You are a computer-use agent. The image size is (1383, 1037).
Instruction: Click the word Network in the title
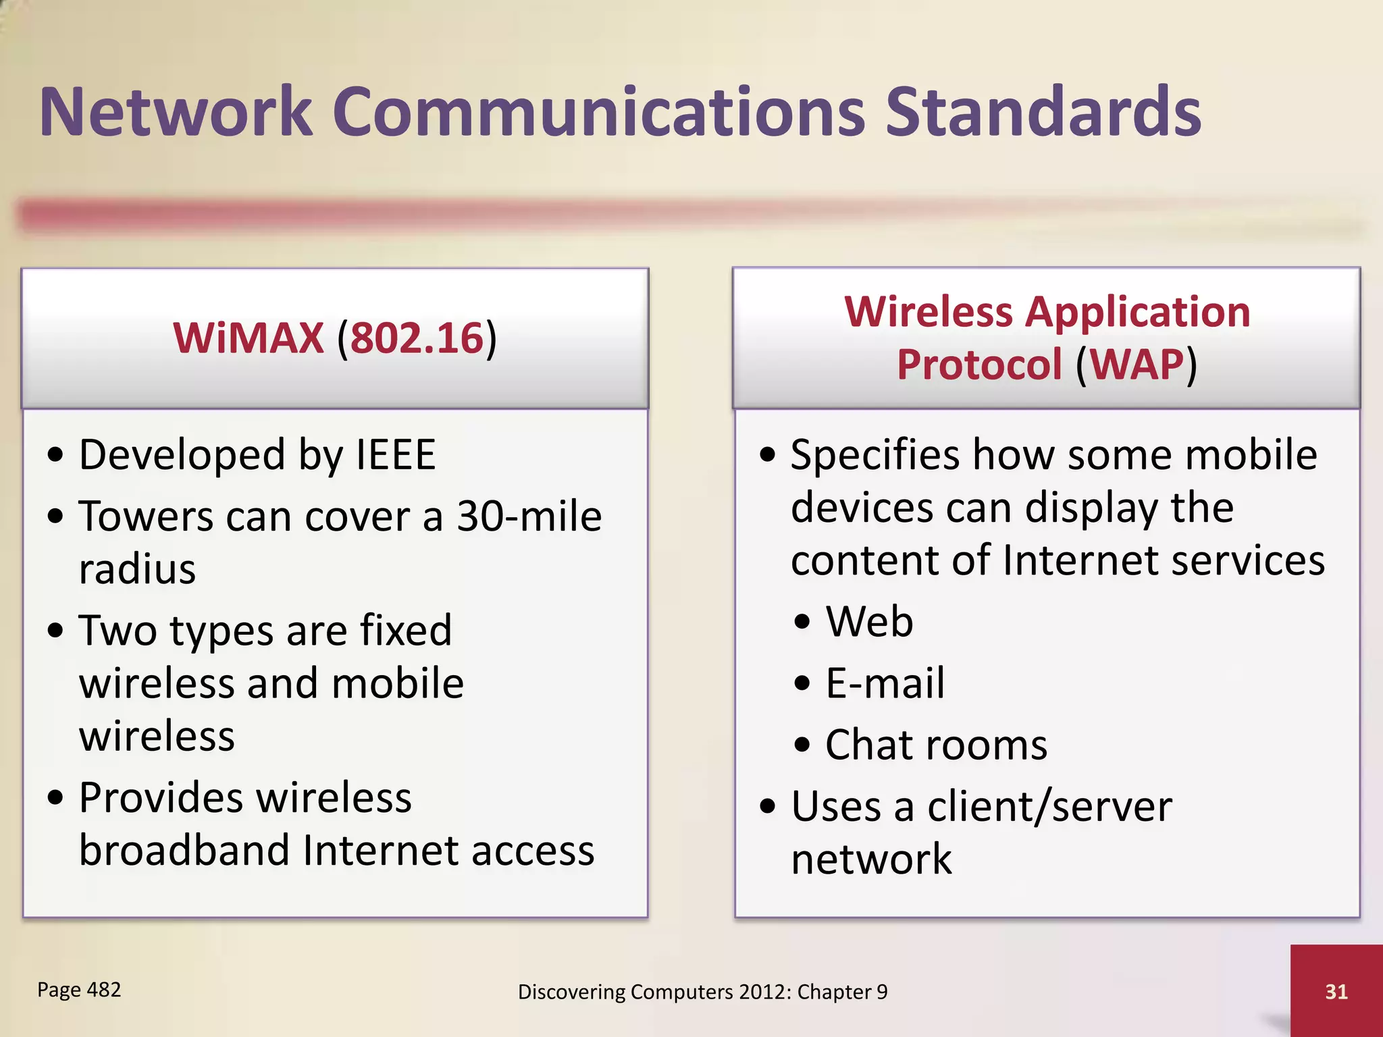[x=176, y=112]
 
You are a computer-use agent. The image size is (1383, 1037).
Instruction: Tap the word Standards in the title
[x=1043, y=112]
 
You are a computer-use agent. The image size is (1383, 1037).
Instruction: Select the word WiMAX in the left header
[x=248, y=338]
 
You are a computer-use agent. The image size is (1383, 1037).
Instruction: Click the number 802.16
[x=417, y=338]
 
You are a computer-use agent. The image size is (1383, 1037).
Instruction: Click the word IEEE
[x=395, y=454]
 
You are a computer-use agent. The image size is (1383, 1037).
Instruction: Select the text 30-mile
[x=529, y=516]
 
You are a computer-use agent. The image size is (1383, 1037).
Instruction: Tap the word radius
[x=137, y=569]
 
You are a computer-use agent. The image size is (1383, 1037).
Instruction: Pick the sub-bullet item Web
[x=869, y=621]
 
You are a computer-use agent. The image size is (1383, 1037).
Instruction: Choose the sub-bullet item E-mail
[x=885, y=683]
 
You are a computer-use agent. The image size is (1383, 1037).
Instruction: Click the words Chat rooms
[x=936, y=745]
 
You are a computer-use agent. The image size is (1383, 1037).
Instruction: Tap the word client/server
[x=1049, y=807]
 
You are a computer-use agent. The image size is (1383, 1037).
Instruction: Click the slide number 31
[x=1336, y=991]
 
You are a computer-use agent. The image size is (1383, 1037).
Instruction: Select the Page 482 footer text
[x=79, y=990]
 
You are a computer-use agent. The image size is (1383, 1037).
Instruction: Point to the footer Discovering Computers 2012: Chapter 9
[x=702, y=992]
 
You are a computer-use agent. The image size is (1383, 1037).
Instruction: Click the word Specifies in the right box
[x=875, y=454]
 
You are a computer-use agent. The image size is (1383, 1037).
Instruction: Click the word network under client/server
[x=871, y=859]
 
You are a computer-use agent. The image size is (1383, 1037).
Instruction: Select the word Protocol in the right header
[x=979, y=365]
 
